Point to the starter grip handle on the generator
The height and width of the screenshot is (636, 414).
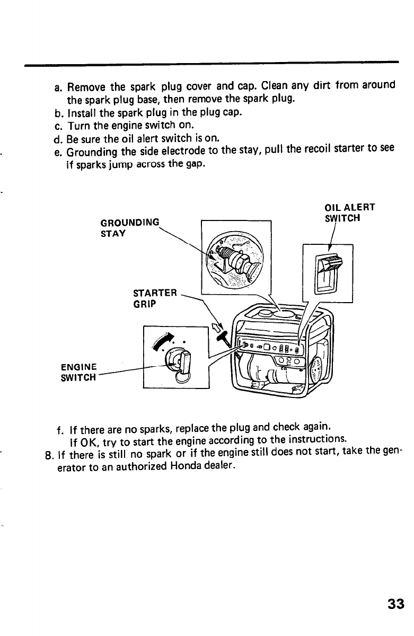coord(225,333)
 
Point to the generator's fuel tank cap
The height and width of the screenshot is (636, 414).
coord(265,316)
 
